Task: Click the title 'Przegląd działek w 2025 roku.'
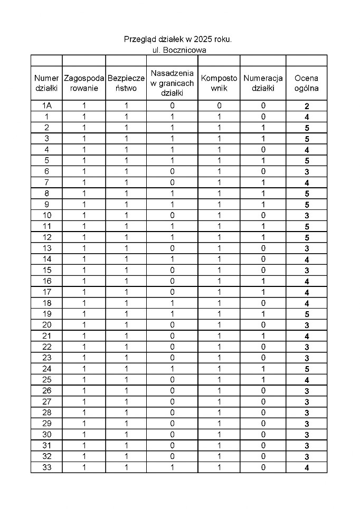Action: tap(178, 39)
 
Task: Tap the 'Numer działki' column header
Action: tap(46, 83)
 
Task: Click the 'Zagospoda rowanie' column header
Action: tap(84, 83)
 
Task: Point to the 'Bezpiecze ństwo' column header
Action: tap(126, 83)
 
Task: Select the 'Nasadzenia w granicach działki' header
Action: tap(172, 83)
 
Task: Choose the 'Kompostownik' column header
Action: tap(219, 83)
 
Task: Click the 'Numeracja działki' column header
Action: tap(263, 83)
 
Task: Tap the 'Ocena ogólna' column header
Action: tap(307, 83)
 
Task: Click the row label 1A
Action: tap(46, 106)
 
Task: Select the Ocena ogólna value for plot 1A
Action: tap(307, 106)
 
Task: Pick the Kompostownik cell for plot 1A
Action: tap(219, 106)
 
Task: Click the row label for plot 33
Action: tap(46, 467)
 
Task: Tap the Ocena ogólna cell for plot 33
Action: tap(307, 467)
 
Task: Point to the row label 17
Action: tap(46, 292)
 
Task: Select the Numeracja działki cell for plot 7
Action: tap(263, 183)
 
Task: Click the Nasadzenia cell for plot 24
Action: tap(172, 369)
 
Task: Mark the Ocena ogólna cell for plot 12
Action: tap(307, 237)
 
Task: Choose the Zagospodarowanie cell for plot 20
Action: tap(84, 325)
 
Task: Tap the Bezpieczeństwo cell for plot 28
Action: tap(126, 412)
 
